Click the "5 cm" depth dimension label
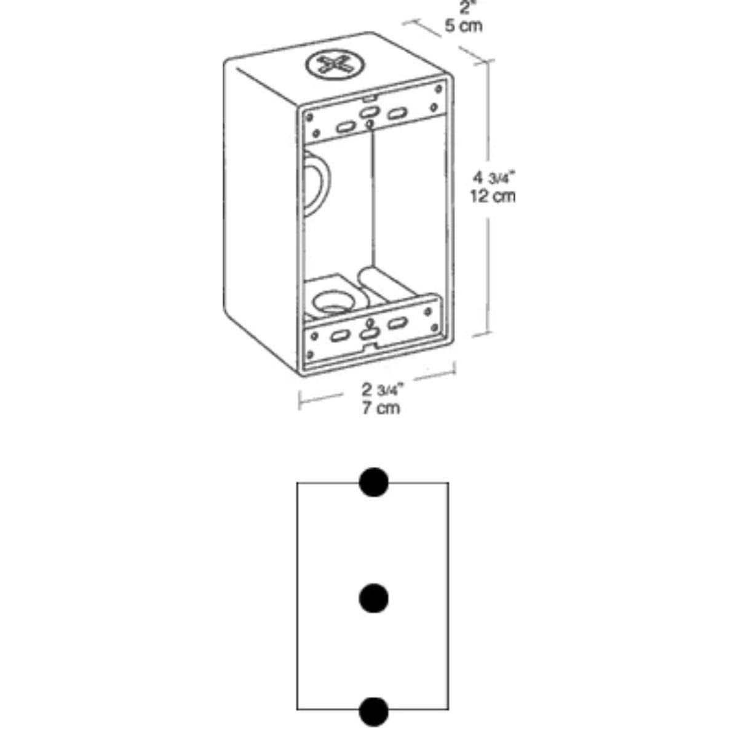tap(463, 26)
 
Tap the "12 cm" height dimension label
tap(493, 196)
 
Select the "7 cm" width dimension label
tap(381, 408)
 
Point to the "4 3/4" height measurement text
tap(494, 178)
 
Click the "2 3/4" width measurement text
tap(383, 390)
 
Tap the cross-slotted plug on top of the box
tap(335, 66)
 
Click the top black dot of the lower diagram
tap(373, 482)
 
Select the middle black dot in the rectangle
tap(373, 598)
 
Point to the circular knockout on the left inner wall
tap(315, 184)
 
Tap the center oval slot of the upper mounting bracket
tap(368, 112)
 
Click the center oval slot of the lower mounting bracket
tap(368, 334)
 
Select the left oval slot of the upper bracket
tap(346, 127)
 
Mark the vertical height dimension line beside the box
tap(488, 197)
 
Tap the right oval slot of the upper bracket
tap(397, 114)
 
